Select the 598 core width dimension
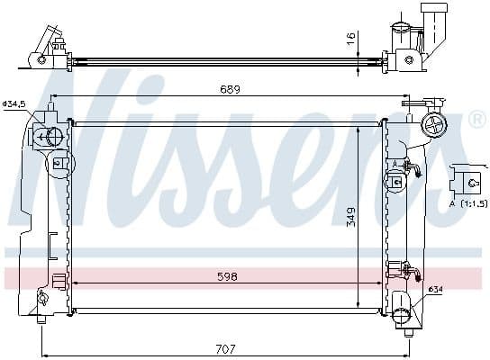click(227, 277)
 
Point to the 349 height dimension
click(350, 217)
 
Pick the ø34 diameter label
click(435, 289)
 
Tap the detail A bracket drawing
click(469, 180)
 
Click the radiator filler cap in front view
click(435, 125)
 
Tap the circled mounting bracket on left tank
click(59, 165)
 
